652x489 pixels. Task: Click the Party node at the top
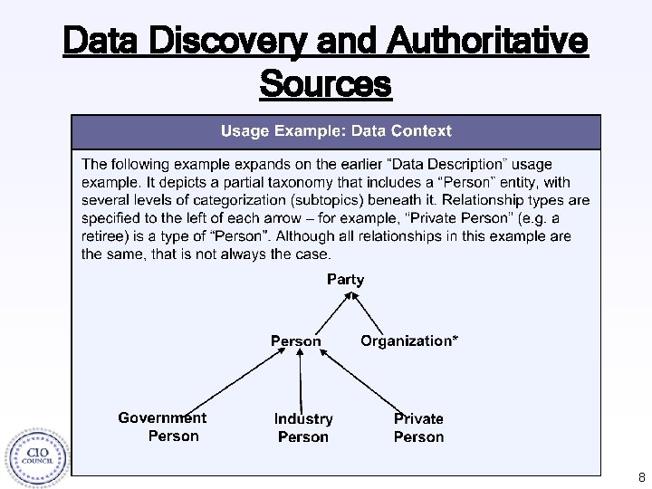coord(345,279)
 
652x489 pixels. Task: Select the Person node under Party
coord(295,341)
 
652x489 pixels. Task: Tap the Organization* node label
coord(408,340)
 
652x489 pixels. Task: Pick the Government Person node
coord(163,427)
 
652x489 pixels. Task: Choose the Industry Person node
coord(303,427)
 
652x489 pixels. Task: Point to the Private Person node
coord(418,427)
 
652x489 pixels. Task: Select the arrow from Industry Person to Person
coord(300,381)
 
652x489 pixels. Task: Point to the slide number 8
coord(641,476)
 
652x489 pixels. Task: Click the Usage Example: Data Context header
coord(336,131)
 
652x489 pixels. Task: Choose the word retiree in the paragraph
coord(108,236)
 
